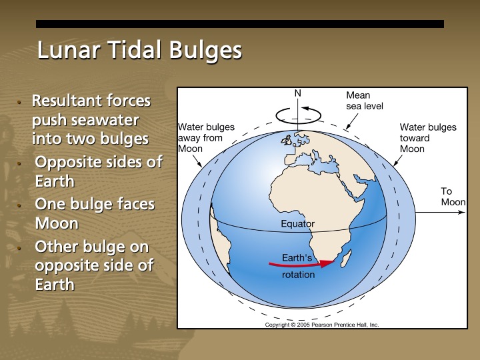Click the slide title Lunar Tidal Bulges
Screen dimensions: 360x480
pos(139,51)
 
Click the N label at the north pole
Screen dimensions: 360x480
pos(298,93)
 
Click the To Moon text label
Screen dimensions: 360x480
pos(453,197)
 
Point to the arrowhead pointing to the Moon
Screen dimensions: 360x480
pos(462,214)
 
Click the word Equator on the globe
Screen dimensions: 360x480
pos(297,224)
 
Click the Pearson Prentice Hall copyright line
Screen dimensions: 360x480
pos(321,325)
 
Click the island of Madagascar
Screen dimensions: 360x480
pos(345,256)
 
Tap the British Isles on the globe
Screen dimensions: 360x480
pos(287,140)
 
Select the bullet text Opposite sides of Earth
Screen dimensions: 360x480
pos(98,171)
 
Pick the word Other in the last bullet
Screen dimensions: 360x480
pos(56,247)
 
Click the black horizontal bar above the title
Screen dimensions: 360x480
pos(239,24)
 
